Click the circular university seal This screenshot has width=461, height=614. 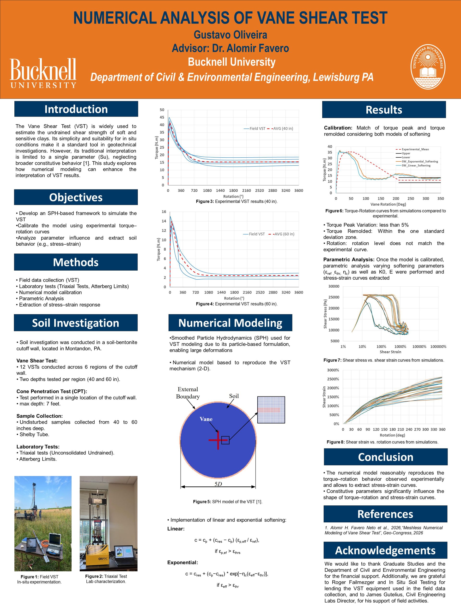(x=428, y=67)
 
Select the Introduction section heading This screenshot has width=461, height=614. (x=76, y=109)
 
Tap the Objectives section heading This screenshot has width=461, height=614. (x=76, y=197)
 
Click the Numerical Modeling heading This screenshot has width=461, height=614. (x=230, y=323)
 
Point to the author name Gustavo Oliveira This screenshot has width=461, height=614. (x=230, y=35)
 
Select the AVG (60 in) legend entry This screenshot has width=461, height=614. (x=281, y=234)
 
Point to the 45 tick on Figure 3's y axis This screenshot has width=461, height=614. (x=162, y=118)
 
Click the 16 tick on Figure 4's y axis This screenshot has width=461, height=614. (x=164, y=212)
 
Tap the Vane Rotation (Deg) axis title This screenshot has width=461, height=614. (x=388, y=204)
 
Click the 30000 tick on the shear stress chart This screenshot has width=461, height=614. (x=334, y=286)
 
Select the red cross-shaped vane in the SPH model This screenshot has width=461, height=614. (x=218, y=440)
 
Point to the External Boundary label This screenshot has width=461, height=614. (x=188, y=393)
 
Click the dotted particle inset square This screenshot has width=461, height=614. (x=271, y=410)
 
